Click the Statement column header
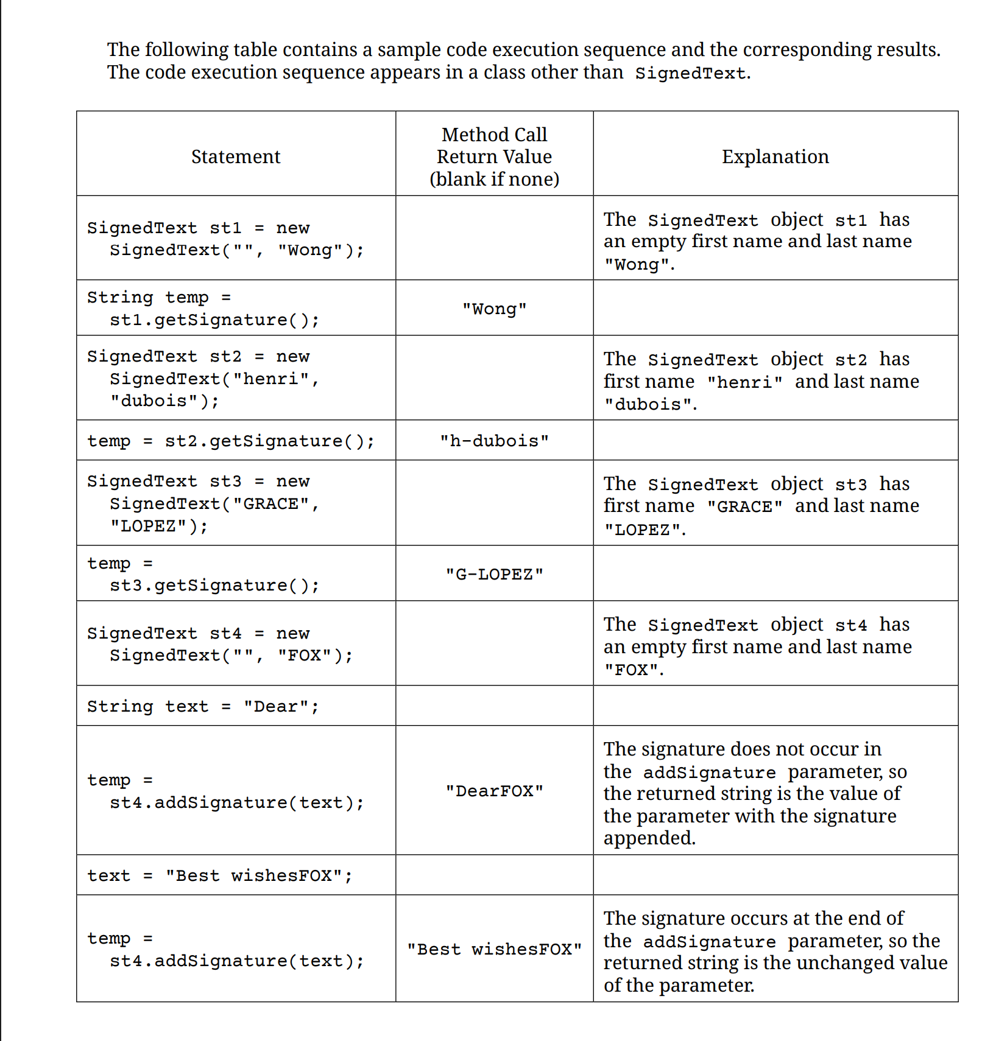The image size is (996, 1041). [x=236, y=157]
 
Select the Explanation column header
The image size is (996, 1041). [x=775, y=157]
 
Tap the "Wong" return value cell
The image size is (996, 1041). [x=494, y=309]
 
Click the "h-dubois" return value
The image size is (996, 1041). [x=494, y=441]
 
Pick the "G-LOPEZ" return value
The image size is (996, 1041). [x=494, y=574]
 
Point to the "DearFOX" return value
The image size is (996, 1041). [x=494, y=791]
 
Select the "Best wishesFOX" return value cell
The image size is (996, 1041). [x=494, y=949]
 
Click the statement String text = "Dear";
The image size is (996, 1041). [x=203, y=706]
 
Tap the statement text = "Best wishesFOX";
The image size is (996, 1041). [x=220, y=875]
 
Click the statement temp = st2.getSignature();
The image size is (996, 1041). [x=231, y=441]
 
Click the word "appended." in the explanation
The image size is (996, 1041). [x=649, y=838]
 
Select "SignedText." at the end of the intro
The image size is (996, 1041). [x=693, y=73]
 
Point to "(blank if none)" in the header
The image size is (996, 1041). [x=494, y=180]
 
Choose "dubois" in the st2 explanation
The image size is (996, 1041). [x=648, y=405]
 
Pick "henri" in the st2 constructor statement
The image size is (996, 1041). [x=271, y=379]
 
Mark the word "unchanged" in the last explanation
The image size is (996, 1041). [x=846, y=963]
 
